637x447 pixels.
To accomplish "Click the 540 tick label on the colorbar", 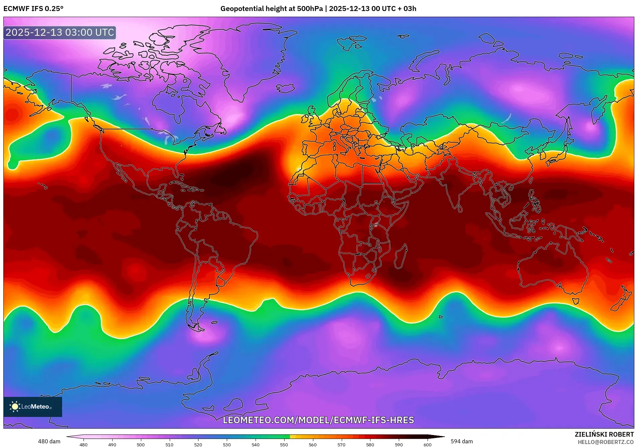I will coord(255,445).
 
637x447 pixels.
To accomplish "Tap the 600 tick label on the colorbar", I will coord(427,445).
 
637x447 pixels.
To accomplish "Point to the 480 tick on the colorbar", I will coord(84,445).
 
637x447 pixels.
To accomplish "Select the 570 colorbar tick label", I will coord(341,445).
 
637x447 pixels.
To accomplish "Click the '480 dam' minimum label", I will coord(49,441).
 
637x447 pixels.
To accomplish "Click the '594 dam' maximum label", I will coord(462,441).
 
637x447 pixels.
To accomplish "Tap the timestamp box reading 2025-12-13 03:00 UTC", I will coord(60,32).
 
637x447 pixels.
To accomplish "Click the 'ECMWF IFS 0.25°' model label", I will coord(33,9).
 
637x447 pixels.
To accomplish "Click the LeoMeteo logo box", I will coord(33,407).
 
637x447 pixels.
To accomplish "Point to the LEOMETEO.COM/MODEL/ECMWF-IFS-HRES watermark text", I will coord(318,420).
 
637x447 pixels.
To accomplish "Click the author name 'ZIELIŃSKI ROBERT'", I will coord(604,434).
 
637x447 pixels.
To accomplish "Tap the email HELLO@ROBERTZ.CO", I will coord(606,442).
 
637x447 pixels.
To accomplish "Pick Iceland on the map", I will coord(285,88).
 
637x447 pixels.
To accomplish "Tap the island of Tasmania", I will coord(576,301).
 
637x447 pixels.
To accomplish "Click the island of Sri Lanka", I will coord(460,209).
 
